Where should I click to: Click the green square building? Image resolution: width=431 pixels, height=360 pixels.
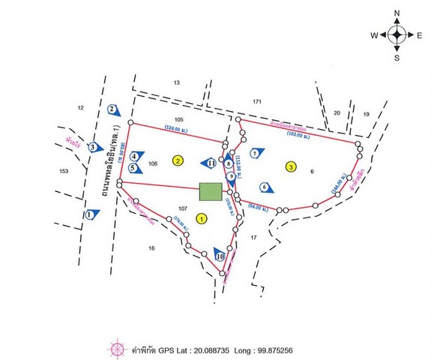(x=211, y=191)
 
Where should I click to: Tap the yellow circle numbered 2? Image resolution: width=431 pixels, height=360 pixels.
(x=178, y=160)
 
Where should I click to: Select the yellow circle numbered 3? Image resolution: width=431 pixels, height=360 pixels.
(x=290, y=166)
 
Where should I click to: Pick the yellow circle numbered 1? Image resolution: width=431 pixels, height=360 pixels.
(x=201, y=217)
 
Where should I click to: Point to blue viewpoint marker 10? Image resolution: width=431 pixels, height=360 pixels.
(x=220, y=256)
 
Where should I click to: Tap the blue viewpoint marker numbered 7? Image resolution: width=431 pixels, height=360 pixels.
(x=255, y=153)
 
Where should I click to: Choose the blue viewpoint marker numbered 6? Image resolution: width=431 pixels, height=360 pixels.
(x=265, y=186)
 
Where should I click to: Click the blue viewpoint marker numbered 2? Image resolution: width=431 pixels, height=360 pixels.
(x=112, y=109)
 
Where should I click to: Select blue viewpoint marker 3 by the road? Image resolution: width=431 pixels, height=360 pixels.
(x=92, y=147)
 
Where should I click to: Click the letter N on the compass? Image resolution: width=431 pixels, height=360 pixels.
(x=397, y=13)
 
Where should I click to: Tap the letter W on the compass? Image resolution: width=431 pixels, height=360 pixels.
(x=373, y=35)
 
